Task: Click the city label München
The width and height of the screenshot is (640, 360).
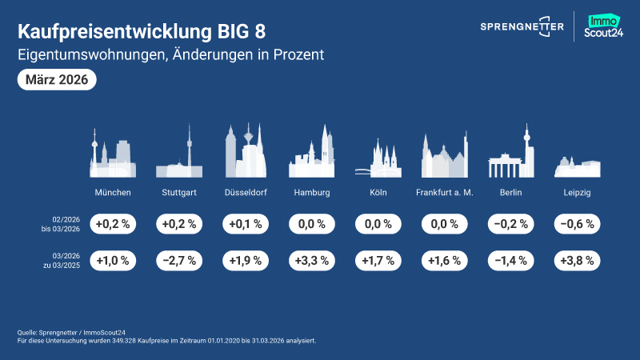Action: pyautogui.click(x=113, y=193)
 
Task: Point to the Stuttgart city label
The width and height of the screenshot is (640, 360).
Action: pyautogui.click(x=179, y=193)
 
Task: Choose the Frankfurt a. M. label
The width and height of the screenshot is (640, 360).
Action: pyautogui.click(x=446, y=193)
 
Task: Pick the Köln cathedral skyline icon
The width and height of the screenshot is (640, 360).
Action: pyautogui.click(x=378, y=158)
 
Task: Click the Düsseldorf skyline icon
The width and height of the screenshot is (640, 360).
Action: pyautogui.click(x=246, y=152)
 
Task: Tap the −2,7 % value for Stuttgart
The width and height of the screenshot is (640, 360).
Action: pyautogui.click(x=179, y=261)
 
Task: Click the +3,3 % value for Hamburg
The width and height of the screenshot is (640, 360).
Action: pyautogui.click(x=312, y=261)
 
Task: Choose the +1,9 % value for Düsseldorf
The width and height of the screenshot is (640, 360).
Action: pyautogui.click(x=246, y=261)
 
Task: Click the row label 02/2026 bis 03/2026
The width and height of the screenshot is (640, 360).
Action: pyautogui.click(x=65, y=225)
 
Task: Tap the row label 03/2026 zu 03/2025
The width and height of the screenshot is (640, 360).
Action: pyautogui.click(x=65, y=261)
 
